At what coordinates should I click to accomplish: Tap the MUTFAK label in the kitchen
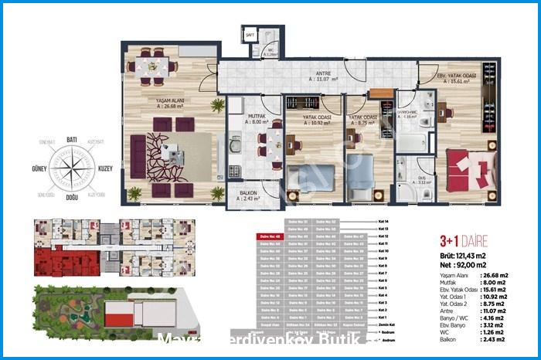(257, 116)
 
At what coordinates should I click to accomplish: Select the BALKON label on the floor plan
(248, 194)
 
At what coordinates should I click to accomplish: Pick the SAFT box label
(250, 36)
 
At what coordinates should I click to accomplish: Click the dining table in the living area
(153, 66)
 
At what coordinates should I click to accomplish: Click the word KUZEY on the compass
(106, 167)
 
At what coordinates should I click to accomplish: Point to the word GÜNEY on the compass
(39, 167)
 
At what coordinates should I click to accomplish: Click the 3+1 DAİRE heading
(462, 242)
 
